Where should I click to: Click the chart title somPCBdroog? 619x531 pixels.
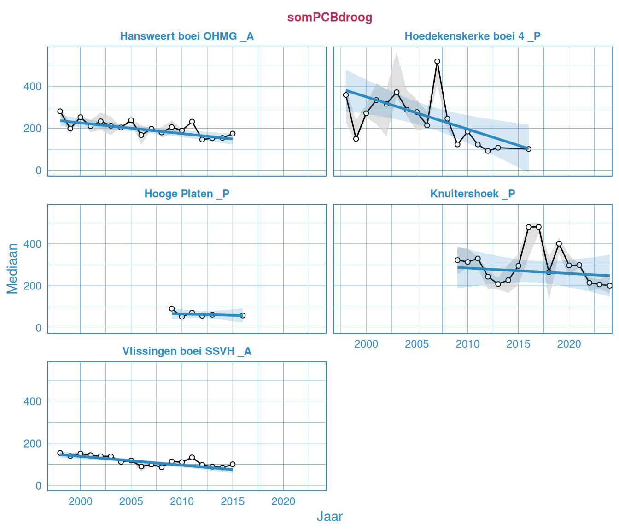tap(329, 18)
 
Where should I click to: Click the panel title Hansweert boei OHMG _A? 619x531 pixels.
tap(187, 36)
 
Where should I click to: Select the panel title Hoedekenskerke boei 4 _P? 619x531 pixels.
tap(473, 36)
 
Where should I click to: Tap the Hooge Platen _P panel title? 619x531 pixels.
tap(187, 194)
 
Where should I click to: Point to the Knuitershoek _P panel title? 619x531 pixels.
tap(473, 194)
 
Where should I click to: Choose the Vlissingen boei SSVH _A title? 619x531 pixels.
tap(187, 351)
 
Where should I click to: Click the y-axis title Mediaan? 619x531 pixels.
tap(12, 268)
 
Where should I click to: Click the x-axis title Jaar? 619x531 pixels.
tap(329, 516)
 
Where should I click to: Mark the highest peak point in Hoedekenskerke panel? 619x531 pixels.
tap(437, 61)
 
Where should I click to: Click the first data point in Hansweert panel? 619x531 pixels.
tap(60, 112)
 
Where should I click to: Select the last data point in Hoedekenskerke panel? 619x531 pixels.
tap(528, 149)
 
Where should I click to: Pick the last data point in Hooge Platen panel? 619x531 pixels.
tap(243, 316)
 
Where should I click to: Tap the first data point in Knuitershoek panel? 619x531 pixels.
tap(457, 260)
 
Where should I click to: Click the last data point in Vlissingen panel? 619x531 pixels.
tap(233, 464)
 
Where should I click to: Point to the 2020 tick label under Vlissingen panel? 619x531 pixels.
tap(283, 501)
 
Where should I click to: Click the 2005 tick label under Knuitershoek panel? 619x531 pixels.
tap(417, 344)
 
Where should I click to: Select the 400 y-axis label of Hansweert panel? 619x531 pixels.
tap(32, 86)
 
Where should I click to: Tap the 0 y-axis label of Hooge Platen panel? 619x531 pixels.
tap(38, 328)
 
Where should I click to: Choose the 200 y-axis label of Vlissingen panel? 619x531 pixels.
tap(32, 443)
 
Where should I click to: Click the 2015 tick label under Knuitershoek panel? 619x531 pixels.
tap(518, 344)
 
